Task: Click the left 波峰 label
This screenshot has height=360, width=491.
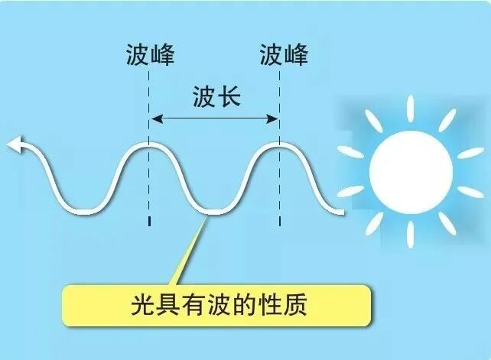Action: (150, 56)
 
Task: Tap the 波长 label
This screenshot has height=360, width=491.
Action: (216, 98)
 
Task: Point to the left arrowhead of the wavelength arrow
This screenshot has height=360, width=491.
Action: (155, 118)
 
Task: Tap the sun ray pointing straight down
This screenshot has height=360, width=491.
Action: (411, 232)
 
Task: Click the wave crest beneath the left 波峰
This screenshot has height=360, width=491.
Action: (149, 144)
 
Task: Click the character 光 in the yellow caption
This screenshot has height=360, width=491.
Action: (142, 307)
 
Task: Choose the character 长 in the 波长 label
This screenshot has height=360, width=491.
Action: (229, 98)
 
